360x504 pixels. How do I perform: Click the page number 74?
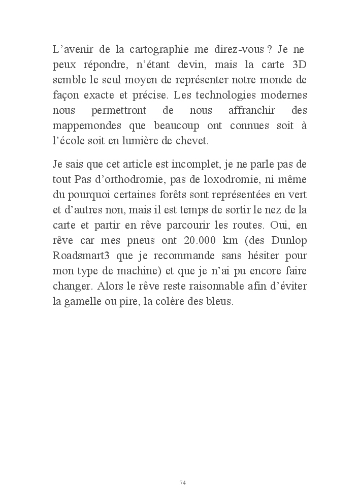183,482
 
